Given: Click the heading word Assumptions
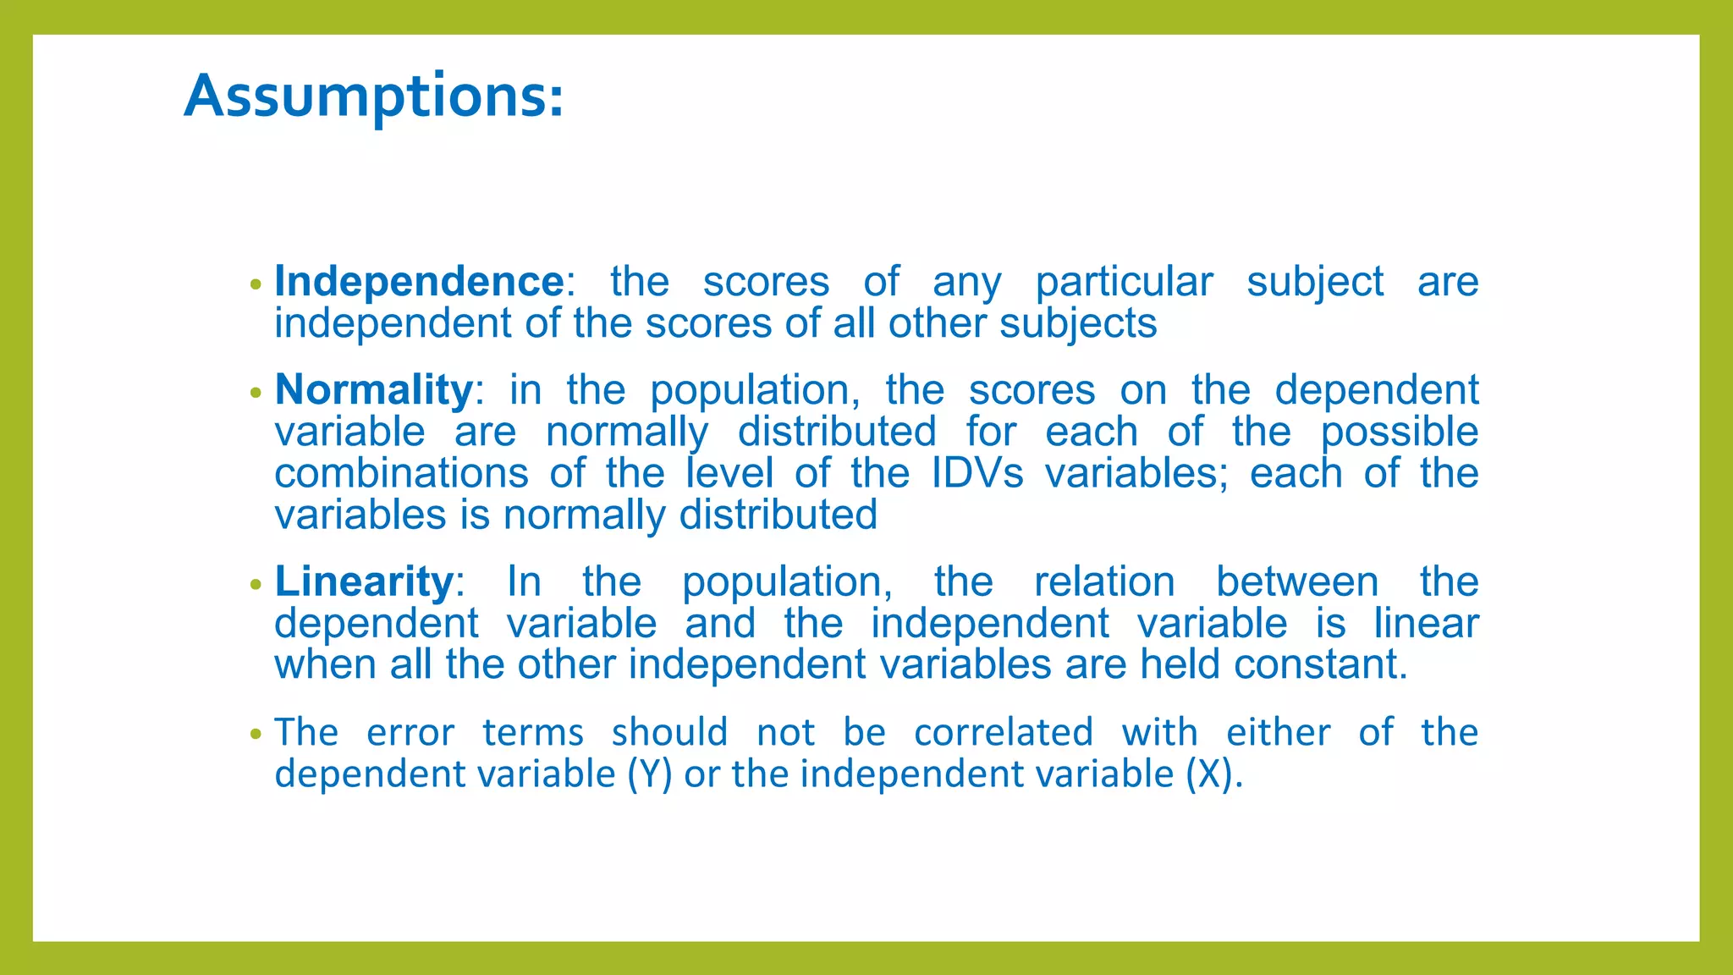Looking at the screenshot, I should pos(372,95).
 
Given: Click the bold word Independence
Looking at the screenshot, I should pos(419,282).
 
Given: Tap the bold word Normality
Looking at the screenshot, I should pos(373,390).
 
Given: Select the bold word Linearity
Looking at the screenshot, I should pos(365,581).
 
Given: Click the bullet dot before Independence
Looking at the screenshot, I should pos(256,285).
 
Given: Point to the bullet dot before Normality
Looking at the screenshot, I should pos(256,394).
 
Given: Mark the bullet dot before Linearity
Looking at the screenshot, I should pos(256,585).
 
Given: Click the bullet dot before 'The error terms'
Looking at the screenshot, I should pos(256,735).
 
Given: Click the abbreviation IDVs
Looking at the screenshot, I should pos(977,473).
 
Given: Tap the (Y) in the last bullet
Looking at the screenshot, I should pos(649,774).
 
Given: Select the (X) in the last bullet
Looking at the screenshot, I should pos(1208,774).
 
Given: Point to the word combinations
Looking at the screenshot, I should pos(401,473).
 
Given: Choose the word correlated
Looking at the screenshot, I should pos(1004,733).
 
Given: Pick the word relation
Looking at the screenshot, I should pos(1104,582).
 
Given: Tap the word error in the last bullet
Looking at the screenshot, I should pos(410,733).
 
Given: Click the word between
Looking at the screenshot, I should pos(1296,582).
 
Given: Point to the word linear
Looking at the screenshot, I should pos(1426,624).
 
